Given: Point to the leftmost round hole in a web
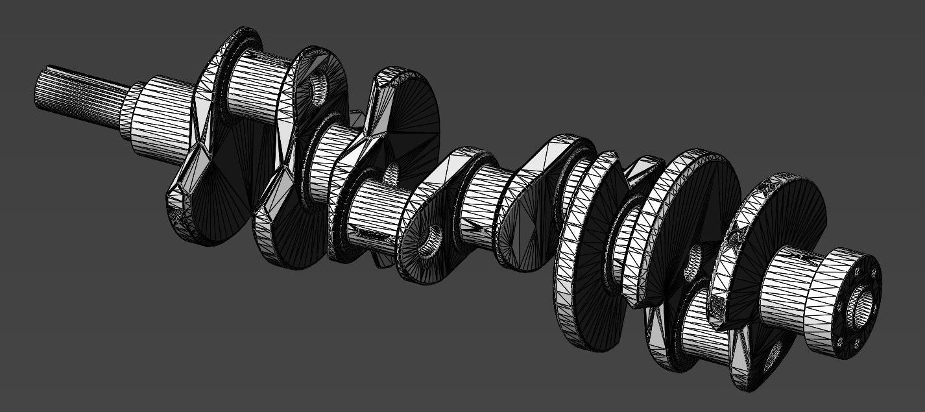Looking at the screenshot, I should [318, 89].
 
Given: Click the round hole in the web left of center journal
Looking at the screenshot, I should [429, 241].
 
